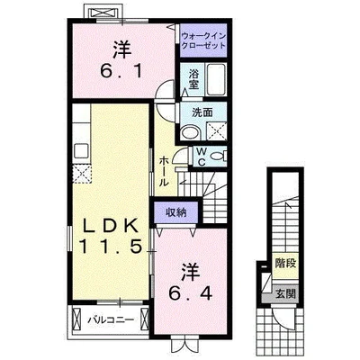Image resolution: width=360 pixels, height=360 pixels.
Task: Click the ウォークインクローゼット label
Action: point(203,41)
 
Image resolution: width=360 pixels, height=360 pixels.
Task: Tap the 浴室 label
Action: point(193,79)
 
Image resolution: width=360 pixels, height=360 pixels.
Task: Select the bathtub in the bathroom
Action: point(216,79)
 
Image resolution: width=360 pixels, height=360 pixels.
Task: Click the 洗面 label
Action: point(202,112)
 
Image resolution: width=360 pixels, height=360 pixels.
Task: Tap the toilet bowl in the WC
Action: point(217,156)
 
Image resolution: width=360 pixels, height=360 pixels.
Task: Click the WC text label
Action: point(202,156)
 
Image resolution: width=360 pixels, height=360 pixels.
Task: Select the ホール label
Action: point(164,171)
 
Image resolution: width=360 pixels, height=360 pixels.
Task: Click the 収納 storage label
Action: point(176,212)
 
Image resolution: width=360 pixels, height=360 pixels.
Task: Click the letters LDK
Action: point(111,226)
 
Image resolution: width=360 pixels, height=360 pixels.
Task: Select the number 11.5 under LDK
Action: point(111,247)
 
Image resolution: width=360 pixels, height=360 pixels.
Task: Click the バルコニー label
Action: point(111,319)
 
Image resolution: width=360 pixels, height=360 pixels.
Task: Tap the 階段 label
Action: point(285,263)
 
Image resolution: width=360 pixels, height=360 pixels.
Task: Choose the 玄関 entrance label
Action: point(285,293)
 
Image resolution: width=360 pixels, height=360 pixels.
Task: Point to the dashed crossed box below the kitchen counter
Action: point(82,174)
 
